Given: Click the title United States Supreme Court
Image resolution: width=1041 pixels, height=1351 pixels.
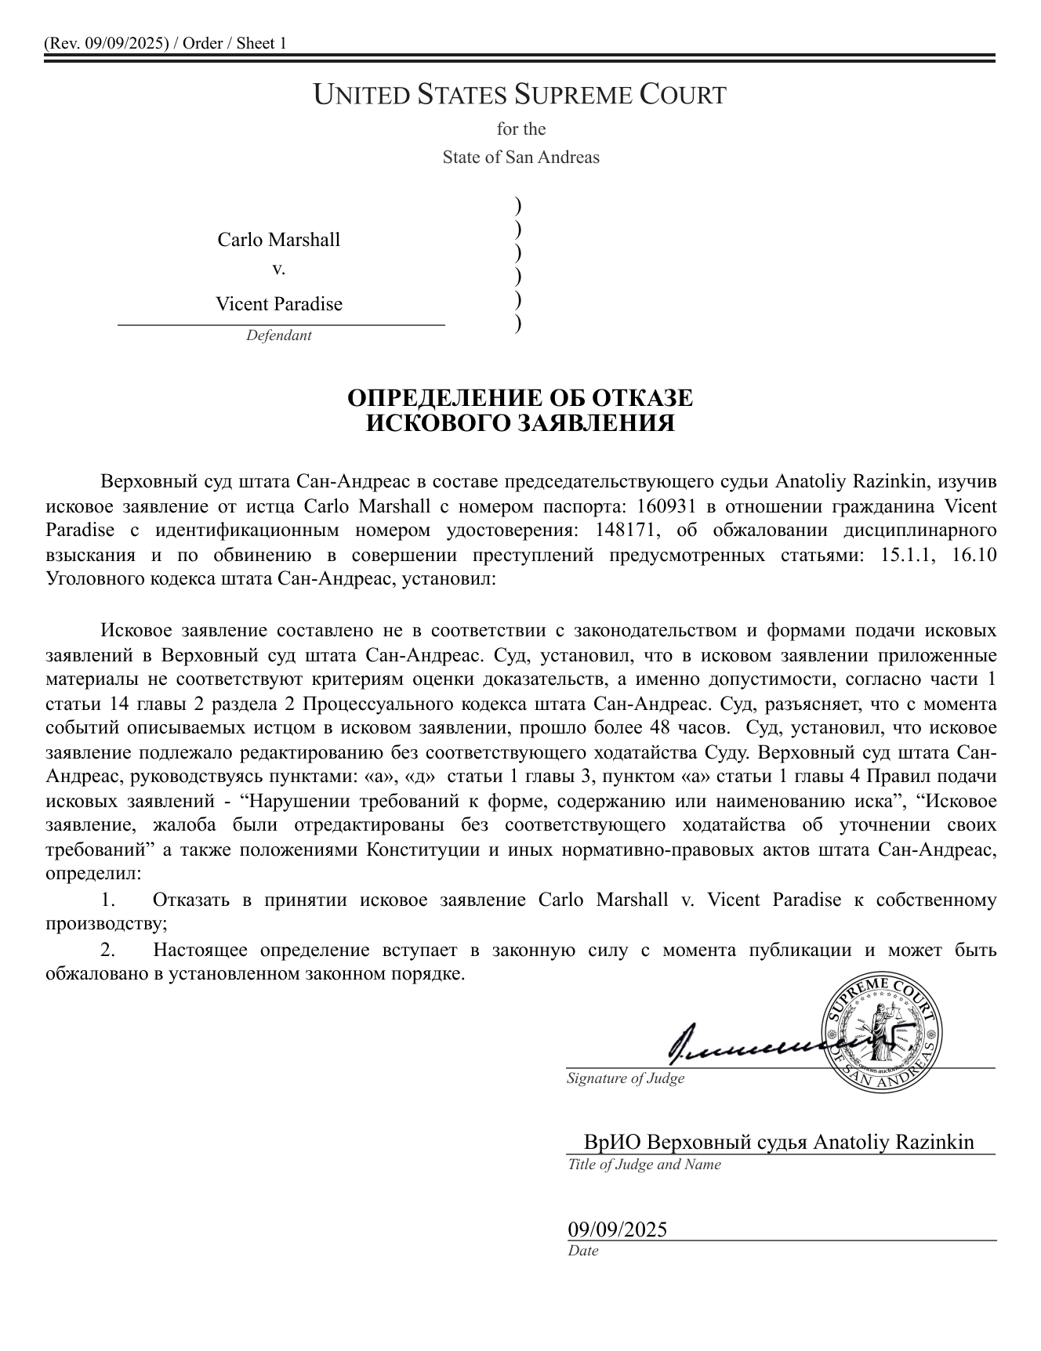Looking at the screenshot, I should coord(520,95).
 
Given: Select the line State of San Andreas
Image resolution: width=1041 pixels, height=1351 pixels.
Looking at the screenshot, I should coord(520,157).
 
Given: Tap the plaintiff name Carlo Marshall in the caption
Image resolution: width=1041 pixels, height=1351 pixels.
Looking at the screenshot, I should coord(279,239).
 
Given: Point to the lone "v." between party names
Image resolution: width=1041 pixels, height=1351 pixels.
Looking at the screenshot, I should coord(278,269).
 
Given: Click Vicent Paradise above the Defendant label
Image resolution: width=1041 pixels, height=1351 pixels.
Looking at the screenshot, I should coord(279,303).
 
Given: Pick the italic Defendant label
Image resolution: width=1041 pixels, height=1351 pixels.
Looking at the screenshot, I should coord(278,335).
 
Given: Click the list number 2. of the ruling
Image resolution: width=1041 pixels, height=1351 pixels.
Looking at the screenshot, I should coord(108,950).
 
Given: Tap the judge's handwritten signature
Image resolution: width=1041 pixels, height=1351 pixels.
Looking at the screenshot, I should coord(753,1041).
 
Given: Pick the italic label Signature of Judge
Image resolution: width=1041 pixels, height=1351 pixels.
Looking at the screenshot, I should coord(626,1078).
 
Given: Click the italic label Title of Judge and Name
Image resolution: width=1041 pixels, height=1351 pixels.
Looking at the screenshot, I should coord(644,1164).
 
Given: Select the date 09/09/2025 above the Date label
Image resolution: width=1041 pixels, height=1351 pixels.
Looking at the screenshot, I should coord(618,1229).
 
